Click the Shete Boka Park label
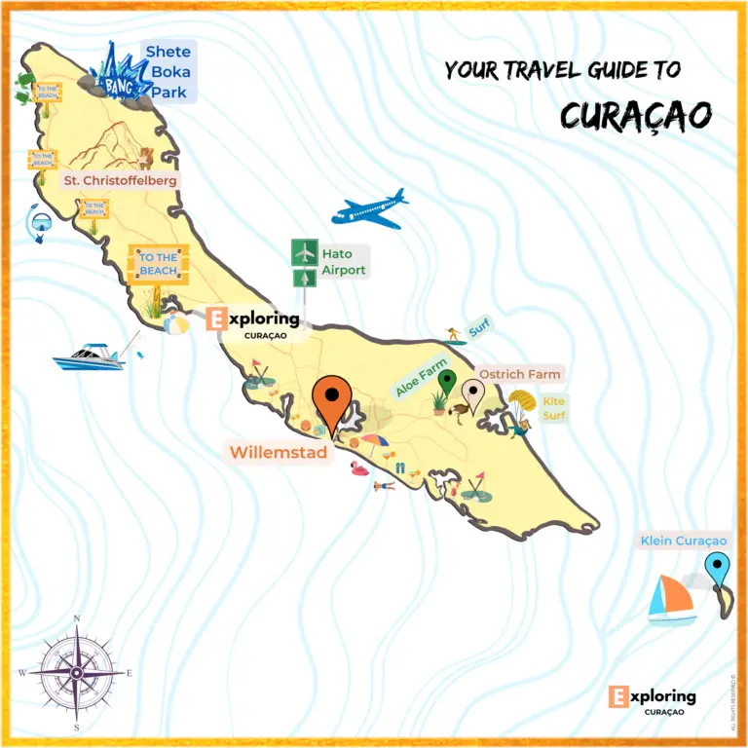(x=168, y=72)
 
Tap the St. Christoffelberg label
(x=121, y=180)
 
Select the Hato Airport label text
(x=343, y=262)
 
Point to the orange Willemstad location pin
(x=332, y=401)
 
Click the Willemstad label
(x=278, y=452)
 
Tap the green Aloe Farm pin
(x=447, y=382)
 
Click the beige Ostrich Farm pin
(x=474, y=394)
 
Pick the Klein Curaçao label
(x=683, y=541)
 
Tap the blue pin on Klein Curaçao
(x=718, y=569)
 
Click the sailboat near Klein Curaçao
(x=671, y=599)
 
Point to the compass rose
(x=76, y=671)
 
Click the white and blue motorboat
(x=89, y=357)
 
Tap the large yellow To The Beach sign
(x=158, y=263)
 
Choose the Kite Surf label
(x=553, y=408)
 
